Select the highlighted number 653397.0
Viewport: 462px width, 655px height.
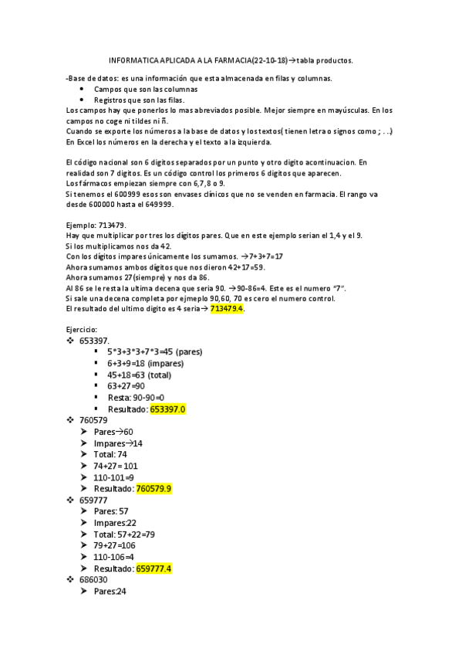[168, 409]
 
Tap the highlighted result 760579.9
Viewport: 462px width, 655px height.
[153, 488]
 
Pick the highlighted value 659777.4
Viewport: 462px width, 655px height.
[153, 568]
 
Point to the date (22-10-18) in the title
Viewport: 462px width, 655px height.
[270, 59]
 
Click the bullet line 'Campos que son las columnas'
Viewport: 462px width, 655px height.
[146, 89]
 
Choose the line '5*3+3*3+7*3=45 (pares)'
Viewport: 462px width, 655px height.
[155, 351]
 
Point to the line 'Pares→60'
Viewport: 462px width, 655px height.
[113, 432]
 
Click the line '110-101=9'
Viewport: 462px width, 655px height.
[114, 477]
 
